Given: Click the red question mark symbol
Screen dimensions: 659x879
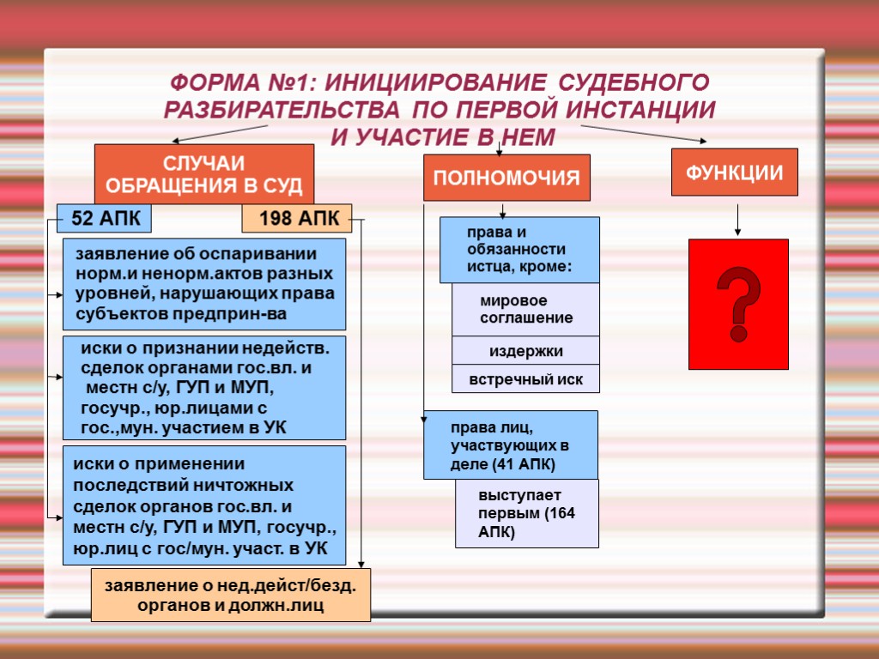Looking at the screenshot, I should click(738, 304).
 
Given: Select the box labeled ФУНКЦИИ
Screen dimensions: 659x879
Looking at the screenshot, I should click(734, 172).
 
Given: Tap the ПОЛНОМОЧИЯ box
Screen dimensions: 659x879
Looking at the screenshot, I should click(506, 178).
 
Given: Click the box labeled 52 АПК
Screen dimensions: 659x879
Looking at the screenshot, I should click(104, 218).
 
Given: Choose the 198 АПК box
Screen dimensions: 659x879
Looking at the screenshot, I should click(297, 219).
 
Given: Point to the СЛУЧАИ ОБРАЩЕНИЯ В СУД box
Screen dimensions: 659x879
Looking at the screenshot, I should click(203, 174).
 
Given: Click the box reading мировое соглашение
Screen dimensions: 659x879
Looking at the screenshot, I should click(525, 310).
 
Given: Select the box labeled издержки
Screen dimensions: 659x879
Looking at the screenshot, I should click(525, 351).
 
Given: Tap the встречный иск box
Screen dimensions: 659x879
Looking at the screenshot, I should click(525, 379).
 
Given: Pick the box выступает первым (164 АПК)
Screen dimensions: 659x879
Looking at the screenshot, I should click(526, 513).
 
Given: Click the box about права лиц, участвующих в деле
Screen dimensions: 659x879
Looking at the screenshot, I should click(510, 444).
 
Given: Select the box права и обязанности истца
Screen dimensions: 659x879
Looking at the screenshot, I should click(519, 250).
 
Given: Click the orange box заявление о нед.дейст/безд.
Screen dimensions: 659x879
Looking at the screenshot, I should click(230, 595).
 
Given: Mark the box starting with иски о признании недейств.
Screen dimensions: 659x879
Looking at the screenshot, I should click(204, 388).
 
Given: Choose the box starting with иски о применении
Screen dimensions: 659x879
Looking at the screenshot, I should click(204, 505).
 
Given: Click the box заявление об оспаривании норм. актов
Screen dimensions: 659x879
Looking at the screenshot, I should click(204, 284).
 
